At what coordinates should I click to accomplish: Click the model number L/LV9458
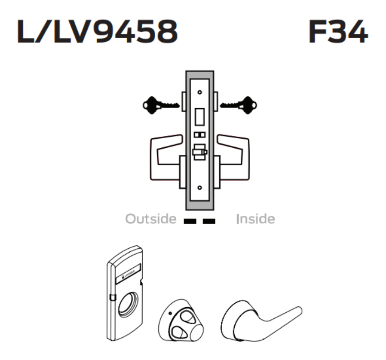point(97,33)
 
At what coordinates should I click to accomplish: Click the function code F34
point(338,33)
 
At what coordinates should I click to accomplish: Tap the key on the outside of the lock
point(159,105)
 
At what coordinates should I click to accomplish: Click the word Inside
point(255,219)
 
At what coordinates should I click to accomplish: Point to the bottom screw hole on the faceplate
point(199,187)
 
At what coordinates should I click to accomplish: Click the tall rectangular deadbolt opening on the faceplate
point(199,116)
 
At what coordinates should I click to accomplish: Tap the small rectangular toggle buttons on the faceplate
point(199,135)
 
